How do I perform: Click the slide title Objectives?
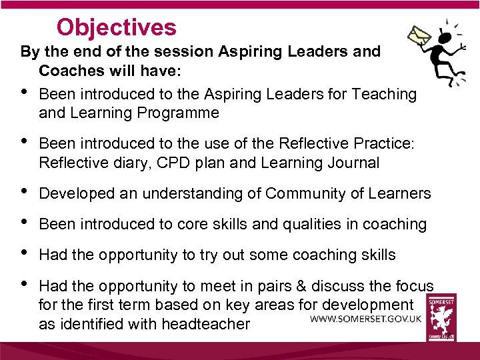pyautogui.click(x=117, y=27)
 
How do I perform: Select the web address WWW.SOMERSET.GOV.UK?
pyautogui.click(x=366, y=319)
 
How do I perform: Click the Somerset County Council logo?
pyautogui.click(x=441, y=319)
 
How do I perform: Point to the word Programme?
pyautogui.click(x=178, y=113)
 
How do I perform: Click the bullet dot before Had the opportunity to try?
pyautogui.click(x=25, y=253)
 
